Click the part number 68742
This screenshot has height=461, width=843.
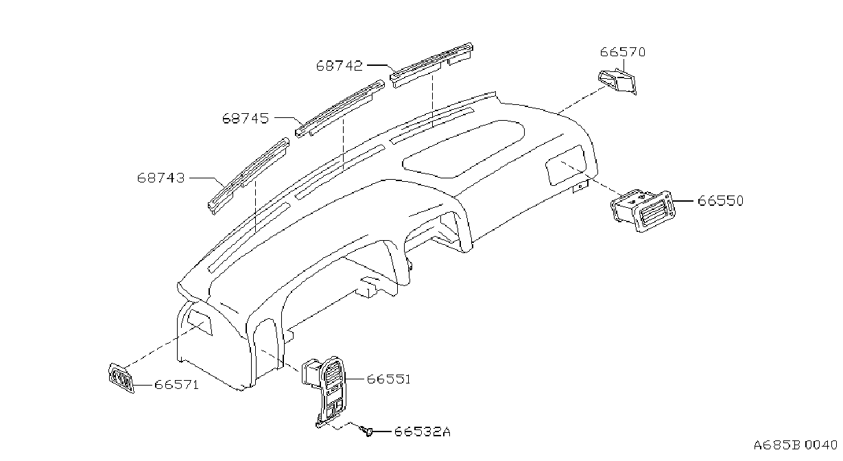(339, 66)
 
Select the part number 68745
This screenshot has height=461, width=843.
(246, 118)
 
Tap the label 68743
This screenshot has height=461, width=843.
(161, 178)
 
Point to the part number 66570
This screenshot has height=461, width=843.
(622, 52)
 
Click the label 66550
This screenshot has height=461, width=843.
(721, 200)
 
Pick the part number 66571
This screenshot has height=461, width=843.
(176, 385)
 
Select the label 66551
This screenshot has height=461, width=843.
(388, 379)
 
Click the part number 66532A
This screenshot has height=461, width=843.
(423, 432)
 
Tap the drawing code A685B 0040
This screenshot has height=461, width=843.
(796, 445)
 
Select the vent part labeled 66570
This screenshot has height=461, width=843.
(617, 80)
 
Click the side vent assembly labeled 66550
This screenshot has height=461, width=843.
(643, 210)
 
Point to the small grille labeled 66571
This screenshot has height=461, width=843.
(121, 378)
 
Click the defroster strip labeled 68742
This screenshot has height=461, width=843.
(431, 64)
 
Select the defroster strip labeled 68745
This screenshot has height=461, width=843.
(340, 108)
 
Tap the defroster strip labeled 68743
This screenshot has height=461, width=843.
(248, 176)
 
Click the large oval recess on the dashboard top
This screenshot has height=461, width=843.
(464, 149)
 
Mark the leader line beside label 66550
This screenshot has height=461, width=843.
(682, 201)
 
